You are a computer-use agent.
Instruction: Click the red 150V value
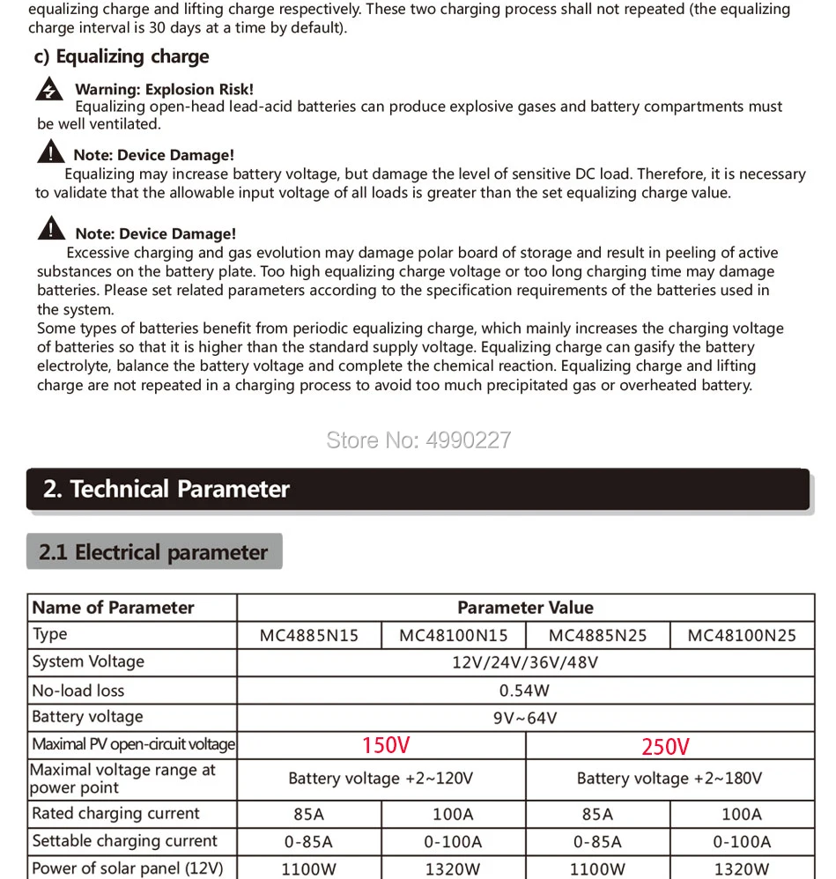[x=386, y=746]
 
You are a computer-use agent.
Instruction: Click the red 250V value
[x=665, y=747]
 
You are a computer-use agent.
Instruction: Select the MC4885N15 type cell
[x=309, y=635]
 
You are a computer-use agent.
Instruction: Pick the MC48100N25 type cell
[x=742, y=635]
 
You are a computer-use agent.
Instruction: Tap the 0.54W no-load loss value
[x=524, y=691]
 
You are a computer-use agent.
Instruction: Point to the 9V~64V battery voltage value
[x=525, y=718]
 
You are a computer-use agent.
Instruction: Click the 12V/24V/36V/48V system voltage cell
[x=525, y=662]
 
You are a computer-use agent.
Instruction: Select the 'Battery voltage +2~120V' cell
[x=381, y=779]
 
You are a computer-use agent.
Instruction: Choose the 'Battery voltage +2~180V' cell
[x=670, y=779]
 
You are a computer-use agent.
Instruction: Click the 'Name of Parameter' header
[x=113, y=608]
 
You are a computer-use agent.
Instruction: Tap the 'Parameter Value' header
[x=525, y=608]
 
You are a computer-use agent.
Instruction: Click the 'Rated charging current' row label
[x=115, y=814]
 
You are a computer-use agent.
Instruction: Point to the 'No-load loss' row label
[x=78, y=691]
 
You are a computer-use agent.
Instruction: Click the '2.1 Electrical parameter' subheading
[x=154, y=552]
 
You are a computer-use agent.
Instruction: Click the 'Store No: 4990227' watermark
[x=418, y=440]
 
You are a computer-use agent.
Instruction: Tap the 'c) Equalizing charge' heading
[x=122, y=56]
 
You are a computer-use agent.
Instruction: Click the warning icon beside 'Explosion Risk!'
[x=50, y=90]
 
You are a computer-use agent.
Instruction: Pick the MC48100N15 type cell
[x=454, y=635]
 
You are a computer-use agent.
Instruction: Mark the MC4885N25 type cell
[x=598, y=635]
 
